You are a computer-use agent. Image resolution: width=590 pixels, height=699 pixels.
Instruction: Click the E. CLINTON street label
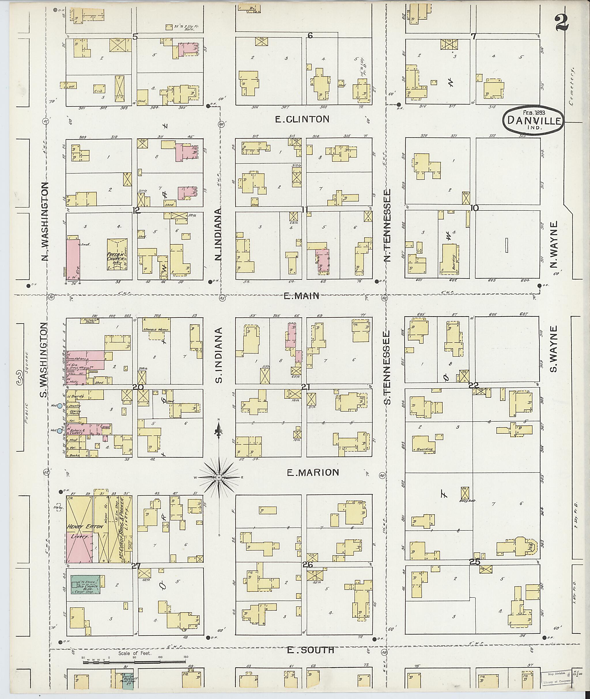pyautogui.click(x=302, y=119)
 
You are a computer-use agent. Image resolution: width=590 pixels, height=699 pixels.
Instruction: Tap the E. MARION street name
pyautogui.click(x=313, y=473)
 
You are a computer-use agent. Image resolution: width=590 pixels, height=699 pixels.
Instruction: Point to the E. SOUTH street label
pyautogui.click(x=311, y=650)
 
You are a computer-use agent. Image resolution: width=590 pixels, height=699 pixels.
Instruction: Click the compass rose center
pyautogui.click(x=219, y=477)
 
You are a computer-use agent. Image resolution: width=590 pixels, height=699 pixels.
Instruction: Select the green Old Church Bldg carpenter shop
pyautogui.click(x=86, y=584)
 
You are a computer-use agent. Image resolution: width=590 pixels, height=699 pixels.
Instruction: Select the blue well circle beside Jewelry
pyautogui.click(x=60, y=406)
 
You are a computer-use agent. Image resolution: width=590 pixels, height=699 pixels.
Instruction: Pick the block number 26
pyautogui.click(x=307, y=565)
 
